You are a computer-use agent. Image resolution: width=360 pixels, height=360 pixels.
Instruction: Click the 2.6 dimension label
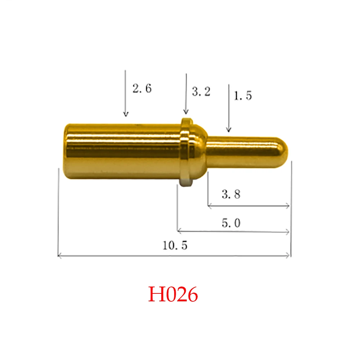(142, 89)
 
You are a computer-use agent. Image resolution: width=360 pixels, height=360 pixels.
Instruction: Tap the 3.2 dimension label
(201, 92)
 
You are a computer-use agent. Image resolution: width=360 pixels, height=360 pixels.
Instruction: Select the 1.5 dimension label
(243, 96)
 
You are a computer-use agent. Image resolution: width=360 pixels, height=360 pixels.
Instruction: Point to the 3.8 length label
(231, 195)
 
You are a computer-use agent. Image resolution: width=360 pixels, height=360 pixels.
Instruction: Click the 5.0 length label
(231, 224)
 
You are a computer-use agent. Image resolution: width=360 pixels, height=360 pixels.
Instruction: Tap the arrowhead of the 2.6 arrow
(125, 114)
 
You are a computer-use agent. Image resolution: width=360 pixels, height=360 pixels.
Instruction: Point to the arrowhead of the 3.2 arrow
(186, 113)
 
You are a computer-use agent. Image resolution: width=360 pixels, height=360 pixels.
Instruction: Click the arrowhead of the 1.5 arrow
(228, 130)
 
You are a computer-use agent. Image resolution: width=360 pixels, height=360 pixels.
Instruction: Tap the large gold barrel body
(122, 151)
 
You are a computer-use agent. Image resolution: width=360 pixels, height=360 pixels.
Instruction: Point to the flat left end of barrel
(66, 151)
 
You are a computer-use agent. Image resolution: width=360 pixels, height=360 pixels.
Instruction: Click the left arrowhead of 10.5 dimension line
(59, 256)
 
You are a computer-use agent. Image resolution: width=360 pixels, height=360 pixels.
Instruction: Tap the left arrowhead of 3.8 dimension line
(209, 206)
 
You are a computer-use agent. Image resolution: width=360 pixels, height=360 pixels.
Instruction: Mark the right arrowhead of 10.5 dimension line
(288, 256)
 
